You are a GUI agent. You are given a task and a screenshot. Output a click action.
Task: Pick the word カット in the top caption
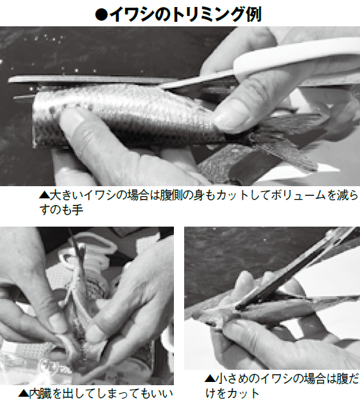coord(220,195)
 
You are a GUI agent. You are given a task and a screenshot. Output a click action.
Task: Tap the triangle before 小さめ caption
coord(209,379)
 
